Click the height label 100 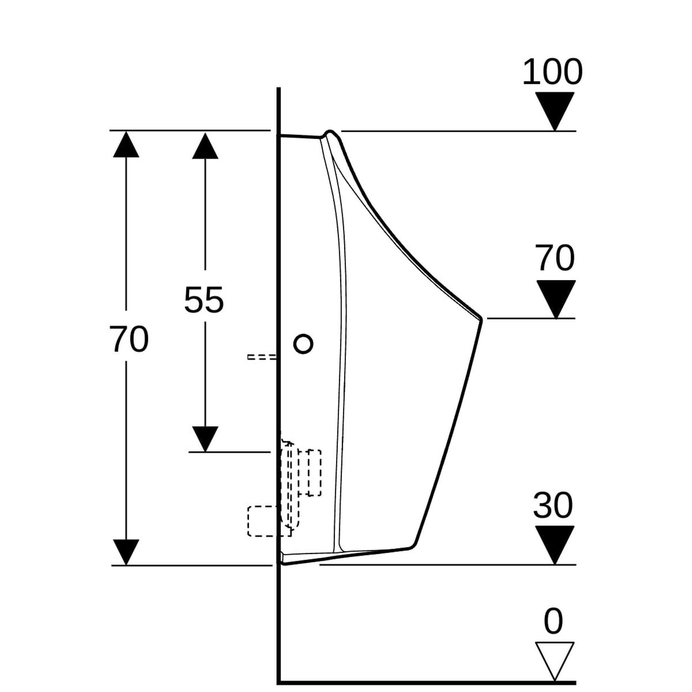pyautogui.click(x=552, y=72)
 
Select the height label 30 pyautogui.click(x=553, y=506)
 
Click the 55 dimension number pyautogui.click(x=204, y=300)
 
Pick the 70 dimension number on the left pyautogui.click(x=129, y=339)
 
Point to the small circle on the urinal pyautogui.click(x=303, y=344)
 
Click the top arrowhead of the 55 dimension pyautogui.click(x=205, y=146)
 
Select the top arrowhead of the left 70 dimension pyautogui.click(x=126, y=145)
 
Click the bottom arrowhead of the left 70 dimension pyautogui.click(x=126, y=552)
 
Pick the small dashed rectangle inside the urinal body pyautogui.click(x=314, y=472)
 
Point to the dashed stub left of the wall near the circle pyautogui.click(x=262, y=357)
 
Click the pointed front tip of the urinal pyautogui.click(x=481, y=319)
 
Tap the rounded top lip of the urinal pyautogui.click(x=330, y=133)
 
